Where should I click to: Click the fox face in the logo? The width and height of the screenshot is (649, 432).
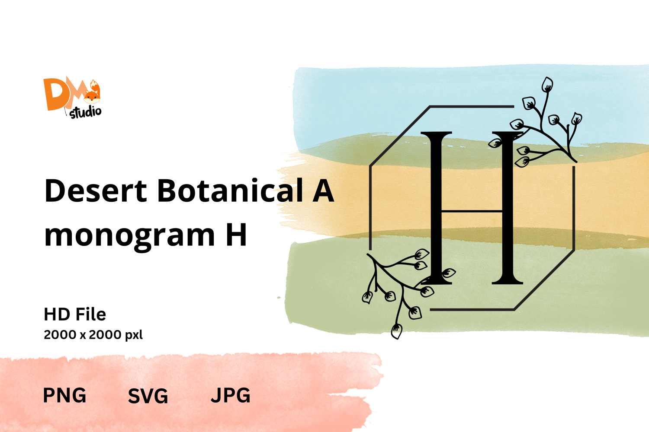coord(92,96)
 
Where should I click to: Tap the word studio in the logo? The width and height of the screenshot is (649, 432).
coord(86,112)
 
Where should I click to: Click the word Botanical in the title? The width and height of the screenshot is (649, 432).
coord(230,190)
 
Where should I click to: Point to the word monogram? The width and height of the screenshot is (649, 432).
coord(129,236)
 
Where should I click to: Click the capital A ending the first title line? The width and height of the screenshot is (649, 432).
coord(323,190)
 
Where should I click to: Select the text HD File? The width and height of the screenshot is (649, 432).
coord(75,314)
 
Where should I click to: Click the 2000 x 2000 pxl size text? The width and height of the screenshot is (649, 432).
coord(93,335)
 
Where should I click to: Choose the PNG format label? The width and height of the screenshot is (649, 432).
coord(64,395)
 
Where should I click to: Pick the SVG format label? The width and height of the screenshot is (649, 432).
coord(148,396)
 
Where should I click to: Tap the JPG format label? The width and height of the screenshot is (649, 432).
coord(231,395)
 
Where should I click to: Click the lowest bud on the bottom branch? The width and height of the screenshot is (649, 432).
coord(396,331)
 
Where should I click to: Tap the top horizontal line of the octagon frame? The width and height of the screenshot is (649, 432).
coord(472,106)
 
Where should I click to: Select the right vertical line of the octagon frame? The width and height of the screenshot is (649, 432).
coord(574,208)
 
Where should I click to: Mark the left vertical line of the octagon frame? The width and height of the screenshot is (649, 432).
coord(370,208)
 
